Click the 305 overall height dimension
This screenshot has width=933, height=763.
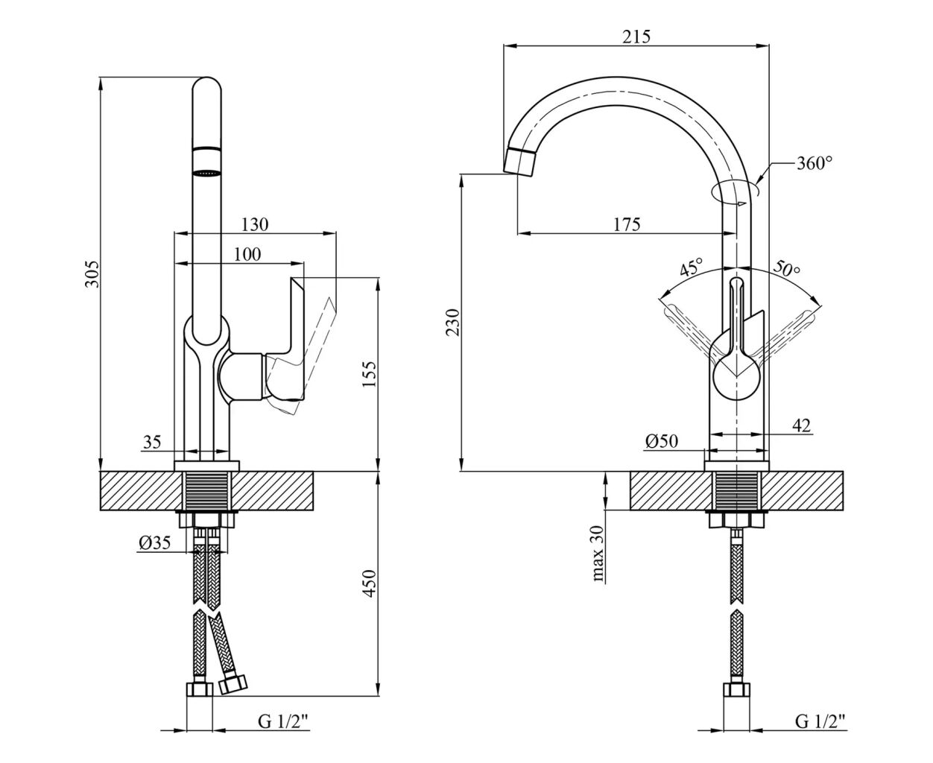[93, 273]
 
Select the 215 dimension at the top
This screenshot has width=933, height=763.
[636, 37]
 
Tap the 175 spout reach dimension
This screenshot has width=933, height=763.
[627, 225]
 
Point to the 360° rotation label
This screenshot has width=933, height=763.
[815, 164]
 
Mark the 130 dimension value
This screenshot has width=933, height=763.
[255, 225]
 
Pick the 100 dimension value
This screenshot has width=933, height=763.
[247, 254]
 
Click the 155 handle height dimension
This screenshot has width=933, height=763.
[369, 374]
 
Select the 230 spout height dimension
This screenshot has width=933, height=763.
[452, 322]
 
